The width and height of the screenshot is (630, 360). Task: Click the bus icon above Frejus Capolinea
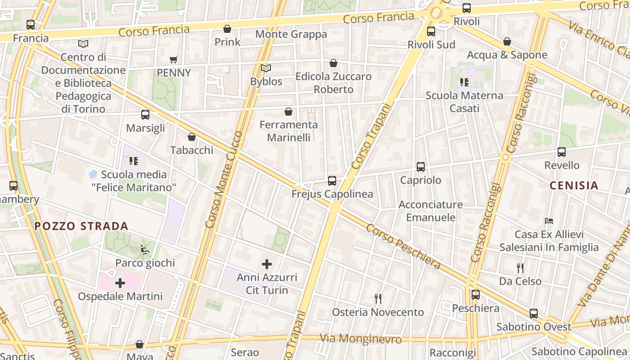(x=332, y=181)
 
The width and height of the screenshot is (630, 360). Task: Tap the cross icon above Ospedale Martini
(x=120, y=283)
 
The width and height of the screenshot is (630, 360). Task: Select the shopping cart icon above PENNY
(x=174, y=59)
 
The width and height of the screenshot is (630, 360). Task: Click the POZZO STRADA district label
(x=81, y=226)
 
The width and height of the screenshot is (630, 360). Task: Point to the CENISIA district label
(x=574, y=185)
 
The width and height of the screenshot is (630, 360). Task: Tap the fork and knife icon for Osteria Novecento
(x=378, y=298)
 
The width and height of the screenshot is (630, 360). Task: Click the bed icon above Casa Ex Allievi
(x=549, y=221)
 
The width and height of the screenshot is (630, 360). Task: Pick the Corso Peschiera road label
(x=403, y=246)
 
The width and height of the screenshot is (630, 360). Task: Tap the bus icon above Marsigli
(x=145, y=115)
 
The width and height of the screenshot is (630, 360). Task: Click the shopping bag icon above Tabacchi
(x=192, y=137)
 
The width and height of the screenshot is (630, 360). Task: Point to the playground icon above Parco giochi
(x=145, y=249)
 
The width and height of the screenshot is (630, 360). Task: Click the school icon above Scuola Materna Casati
(x=464, y=82)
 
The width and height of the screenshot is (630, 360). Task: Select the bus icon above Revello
(x=562, y=152)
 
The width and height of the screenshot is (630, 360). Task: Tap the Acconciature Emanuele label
(x=431, y=211)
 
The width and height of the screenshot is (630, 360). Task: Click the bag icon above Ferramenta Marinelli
(x=288, y=112)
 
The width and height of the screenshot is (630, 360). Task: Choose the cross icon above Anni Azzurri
(x=267, y=264)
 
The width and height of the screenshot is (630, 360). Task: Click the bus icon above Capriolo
(x=421, y=167)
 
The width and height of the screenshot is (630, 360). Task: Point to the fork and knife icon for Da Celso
(x=520, y=268)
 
